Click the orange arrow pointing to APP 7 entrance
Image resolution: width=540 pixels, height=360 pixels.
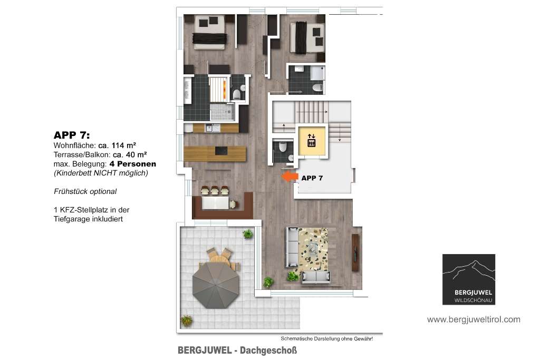(x=290, y=177)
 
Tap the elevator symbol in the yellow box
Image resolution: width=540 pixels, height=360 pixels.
(x=311, y=140)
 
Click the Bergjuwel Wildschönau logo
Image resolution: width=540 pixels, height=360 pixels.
(x=469, y=279)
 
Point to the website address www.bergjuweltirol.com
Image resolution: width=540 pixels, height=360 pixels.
(x=474, y=319)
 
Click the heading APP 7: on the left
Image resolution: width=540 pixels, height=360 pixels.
(x=72, y=135)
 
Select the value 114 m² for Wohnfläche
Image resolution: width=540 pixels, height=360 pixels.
(x=123, y=145)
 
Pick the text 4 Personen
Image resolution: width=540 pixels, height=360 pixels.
(x=132, y=164)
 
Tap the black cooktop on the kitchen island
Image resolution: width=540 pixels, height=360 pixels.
(x=220, y=151)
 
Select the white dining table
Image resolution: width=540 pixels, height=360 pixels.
(x=215, y=202)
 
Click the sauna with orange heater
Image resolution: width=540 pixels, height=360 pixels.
(x=219, y=89)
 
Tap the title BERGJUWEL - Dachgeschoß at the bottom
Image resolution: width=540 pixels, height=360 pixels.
(x=237, y=351)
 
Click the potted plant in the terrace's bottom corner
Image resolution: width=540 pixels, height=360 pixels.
(x=186, y=320)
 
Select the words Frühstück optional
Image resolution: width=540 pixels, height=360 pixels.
(x=85, y=191)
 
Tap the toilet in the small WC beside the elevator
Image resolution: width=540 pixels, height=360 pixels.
(x=283, y=147)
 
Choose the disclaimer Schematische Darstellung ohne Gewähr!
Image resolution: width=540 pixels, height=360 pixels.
(x=326, y=339)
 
